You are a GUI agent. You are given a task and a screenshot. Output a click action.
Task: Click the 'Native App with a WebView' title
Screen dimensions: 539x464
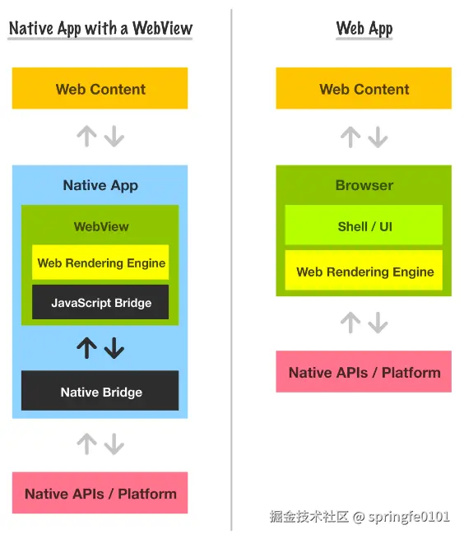[100, 28]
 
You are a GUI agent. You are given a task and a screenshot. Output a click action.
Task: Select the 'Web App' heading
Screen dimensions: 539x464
[364, 28]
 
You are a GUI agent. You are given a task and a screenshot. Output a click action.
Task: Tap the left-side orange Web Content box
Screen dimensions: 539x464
[100, 89]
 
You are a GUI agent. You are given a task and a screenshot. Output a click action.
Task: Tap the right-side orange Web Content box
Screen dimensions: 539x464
[364, 89]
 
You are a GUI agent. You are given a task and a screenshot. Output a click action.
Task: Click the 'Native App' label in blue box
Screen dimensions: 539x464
[100, 185]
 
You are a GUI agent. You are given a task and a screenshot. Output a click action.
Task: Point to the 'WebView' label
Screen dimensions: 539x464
[101, 226]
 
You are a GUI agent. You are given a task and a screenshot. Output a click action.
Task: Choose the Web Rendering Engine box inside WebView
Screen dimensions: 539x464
[101, 263]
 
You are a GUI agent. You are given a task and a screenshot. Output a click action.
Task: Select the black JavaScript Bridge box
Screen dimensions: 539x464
[101, 303]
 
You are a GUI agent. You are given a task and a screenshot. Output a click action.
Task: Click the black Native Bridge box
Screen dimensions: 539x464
[100, 393]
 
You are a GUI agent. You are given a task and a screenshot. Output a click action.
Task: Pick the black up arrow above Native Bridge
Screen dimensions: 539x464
[86, 348]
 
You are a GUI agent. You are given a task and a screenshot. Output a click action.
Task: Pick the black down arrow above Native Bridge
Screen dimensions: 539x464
[114, 348]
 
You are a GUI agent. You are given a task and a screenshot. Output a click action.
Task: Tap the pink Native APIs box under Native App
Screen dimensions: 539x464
[100, 494]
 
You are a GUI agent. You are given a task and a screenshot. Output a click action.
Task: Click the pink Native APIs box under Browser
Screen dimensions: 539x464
[364, 373]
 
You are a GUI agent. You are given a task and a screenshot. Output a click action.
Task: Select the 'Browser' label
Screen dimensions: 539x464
[364, 185]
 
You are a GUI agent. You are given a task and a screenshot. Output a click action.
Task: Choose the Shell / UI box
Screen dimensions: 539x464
[364, 226]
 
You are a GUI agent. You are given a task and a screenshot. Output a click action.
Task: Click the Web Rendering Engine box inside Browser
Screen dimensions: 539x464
[364, 272]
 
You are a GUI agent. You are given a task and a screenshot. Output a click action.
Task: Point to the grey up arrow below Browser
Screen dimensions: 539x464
[350, 323]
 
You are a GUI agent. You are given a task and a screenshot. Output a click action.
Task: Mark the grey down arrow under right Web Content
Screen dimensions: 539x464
[378, 137]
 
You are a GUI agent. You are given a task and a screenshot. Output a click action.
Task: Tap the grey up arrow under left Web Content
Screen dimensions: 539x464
[86, 137]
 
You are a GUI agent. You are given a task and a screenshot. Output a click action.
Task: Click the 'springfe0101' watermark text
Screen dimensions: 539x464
[409, 517]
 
